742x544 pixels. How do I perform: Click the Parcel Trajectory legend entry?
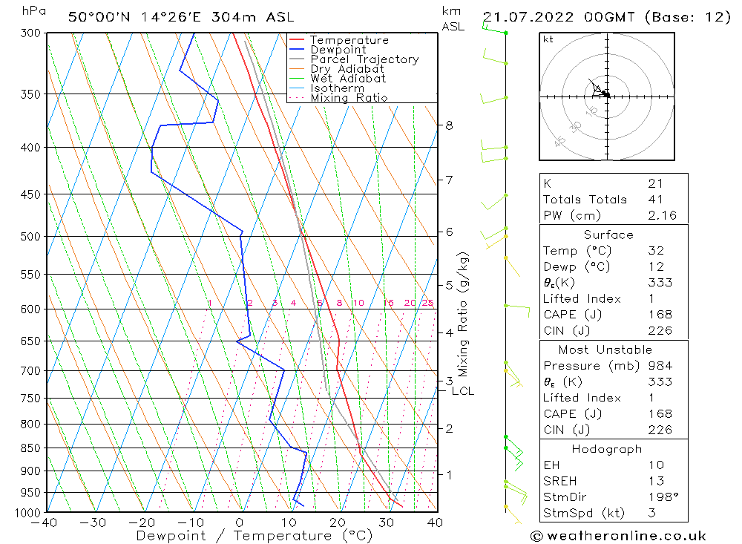point(364,59)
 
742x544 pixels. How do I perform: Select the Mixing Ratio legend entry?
point(349,98)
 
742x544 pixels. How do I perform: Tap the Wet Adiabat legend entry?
point(348,79)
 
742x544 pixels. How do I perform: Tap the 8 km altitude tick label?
point(449,125)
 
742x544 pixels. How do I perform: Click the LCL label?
point(462,391)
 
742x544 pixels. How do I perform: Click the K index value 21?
point(655,183)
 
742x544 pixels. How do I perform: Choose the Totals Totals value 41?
point(655,200)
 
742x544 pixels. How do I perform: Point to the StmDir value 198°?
point(660,497)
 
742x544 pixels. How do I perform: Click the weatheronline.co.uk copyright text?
point(618,535)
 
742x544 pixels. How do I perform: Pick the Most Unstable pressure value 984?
point(659,366)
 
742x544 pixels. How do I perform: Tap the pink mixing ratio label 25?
point(427,303)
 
